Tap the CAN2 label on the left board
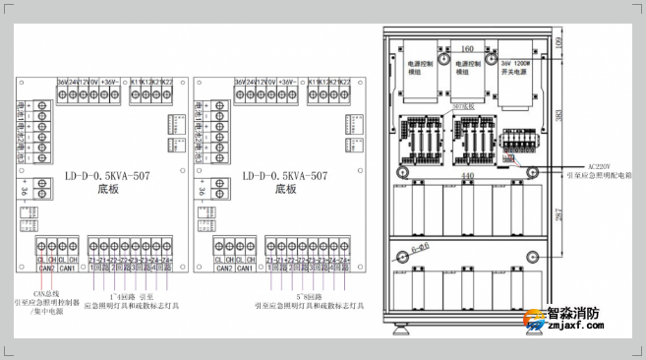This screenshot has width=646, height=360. pyautogui.click(x=46, y=267)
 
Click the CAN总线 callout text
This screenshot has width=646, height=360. pyautogui.click(x=46, y=292)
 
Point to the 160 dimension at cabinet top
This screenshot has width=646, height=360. pyautogui.click(x=467, y=47)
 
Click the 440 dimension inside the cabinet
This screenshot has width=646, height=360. pyautogui.click(x=466, y=175)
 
